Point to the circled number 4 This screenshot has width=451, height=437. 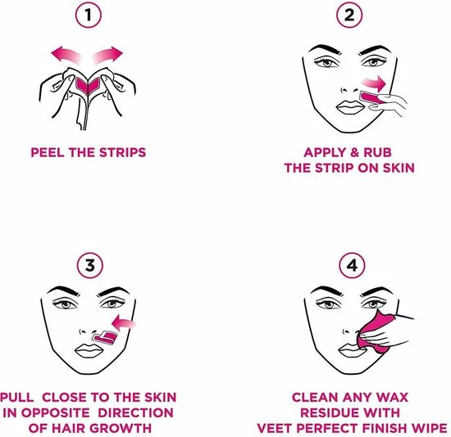pos(349,265)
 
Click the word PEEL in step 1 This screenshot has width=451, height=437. pos(47,152)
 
